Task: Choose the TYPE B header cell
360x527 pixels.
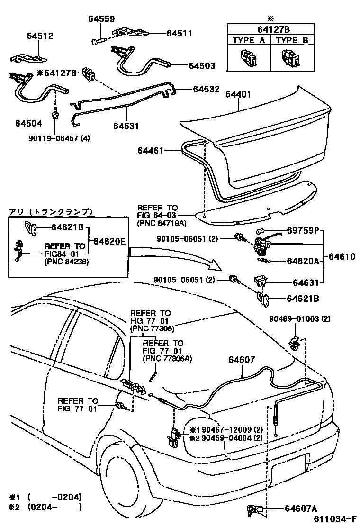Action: click(292, 40)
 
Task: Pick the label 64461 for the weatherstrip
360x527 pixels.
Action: click(151, 151)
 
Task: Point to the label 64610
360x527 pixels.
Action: click(342, 256)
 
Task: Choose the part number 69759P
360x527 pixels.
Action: click(306, 232)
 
